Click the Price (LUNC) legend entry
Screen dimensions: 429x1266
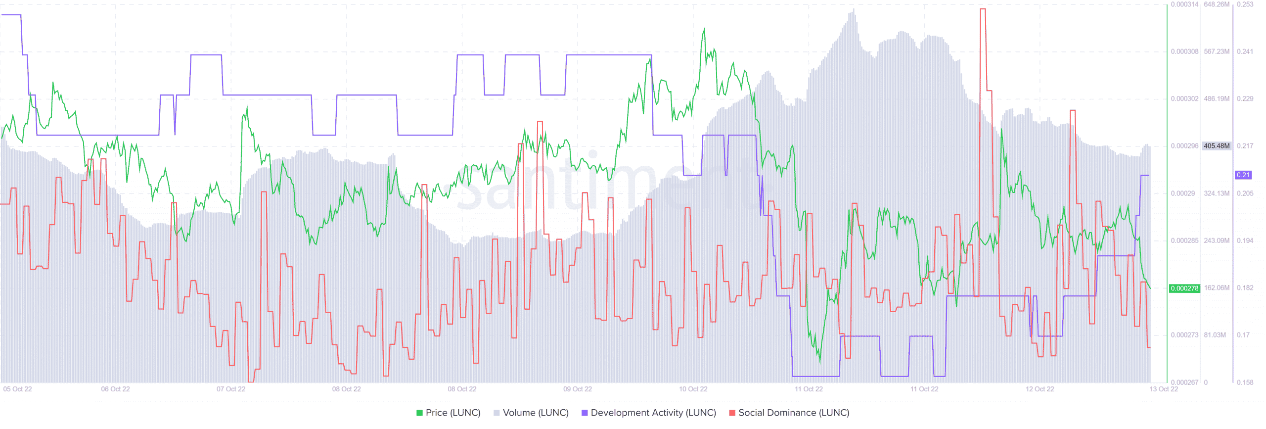coord(448,413)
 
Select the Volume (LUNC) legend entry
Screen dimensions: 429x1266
coord(531,413)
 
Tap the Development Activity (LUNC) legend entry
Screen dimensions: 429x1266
coord(648,413)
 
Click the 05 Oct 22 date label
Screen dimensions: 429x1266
coord(17,389)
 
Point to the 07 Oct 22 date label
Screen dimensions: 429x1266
coord(231,389)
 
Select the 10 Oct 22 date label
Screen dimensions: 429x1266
coord(693,389)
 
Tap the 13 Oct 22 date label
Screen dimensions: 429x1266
coord(1164,389)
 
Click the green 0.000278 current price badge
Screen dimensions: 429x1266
coord(1184,288)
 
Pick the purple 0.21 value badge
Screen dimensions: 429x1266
coord(1243,175)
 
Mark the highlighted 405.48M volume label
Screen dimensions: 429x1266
coord(1217,146)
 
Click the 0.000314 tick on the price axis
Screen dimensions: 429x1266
coord(1184,4)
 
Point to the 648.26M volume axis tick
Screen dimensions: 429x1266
coord(1217,4)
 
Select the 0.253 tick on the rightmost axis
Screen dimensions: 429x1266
coord(1245,4)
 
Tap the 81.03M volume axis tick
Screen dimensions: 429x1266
coord(1215,335)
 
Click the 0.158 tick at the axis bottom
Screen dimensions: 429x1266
coord(1245,382)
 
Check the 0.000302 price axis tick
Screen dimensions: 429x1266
coord(1184,99)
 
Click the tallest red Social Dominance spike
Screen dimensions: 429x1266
coord(983,10)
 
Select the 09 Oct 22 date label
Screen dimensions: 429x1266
coord(578,389)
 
